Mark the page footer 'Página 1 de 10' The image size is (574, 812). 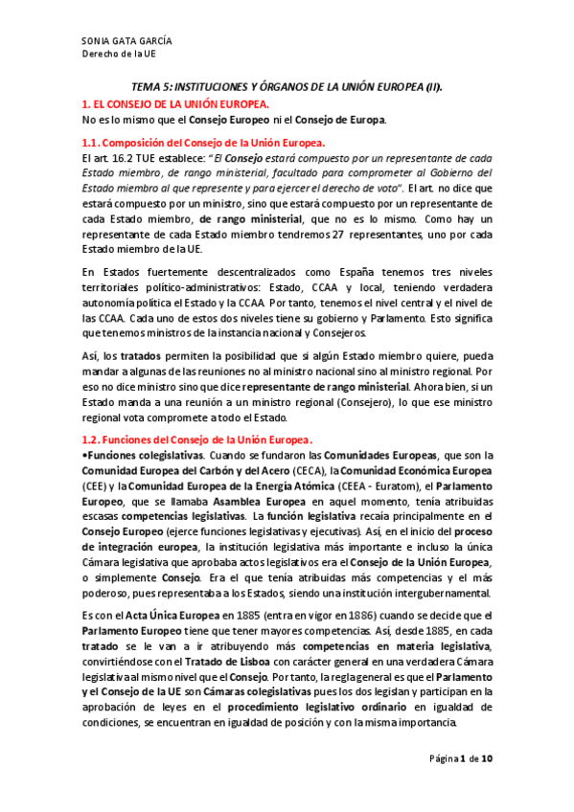coord(461,759)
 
